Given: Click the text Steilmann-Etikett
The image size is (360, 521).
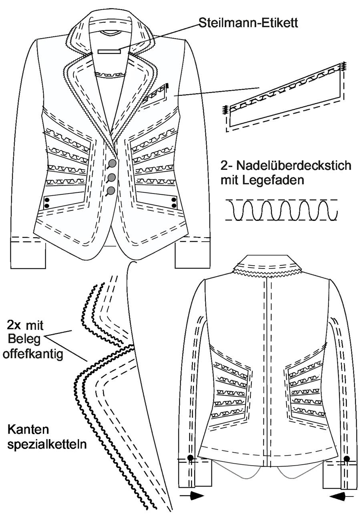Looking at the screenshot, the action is (248, 23).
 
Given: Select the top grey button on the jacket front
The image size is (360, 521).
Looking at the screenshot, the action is (113, 163).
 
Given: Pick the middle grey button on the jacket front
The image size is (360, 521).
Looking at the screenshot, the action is (112, 177).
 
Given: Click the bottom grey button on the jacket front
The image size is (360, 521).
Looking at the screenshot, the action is (111, 191).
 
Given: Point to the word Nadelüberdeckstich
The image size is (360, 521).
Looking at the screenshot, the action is (294, 166).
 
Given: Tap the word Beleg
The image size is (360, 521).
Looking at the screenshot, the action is (24, 339).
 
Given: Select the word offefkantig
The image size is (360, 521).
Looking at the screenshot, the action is (33, 354).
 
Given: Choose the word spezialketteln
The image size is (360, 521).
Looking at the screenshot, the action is (47, 445).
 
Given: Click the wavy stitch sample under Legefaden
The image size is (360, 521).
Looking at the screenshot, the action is (282, 210).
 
